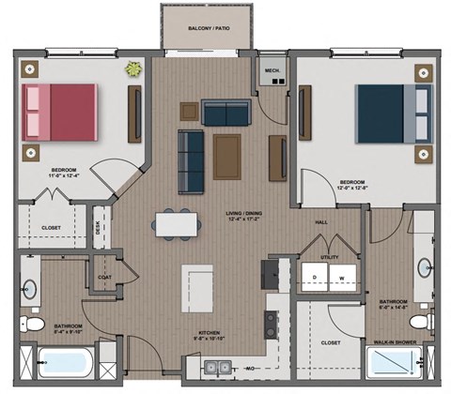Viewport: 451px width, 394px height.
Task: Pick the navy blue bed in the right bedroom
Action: [x=381, y=114]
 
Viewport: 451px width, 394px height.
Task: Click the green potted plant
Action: [x=134, y=68]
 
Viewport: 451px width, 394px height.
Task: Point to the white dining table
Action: [x=178, y=222]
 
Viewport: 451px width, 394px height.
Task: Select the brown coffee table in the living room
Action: [x=226, y=156]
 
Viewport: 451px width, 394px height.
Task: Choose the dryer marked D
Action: [x=315, y=279]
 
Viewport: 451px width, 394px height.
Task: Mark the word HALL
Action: [x=320, y=222]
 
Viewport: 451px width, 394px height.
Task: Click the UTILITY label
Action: [x=329, y=255]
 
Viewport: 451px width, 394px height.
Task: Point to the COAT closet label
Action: [x=104, y=277]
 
